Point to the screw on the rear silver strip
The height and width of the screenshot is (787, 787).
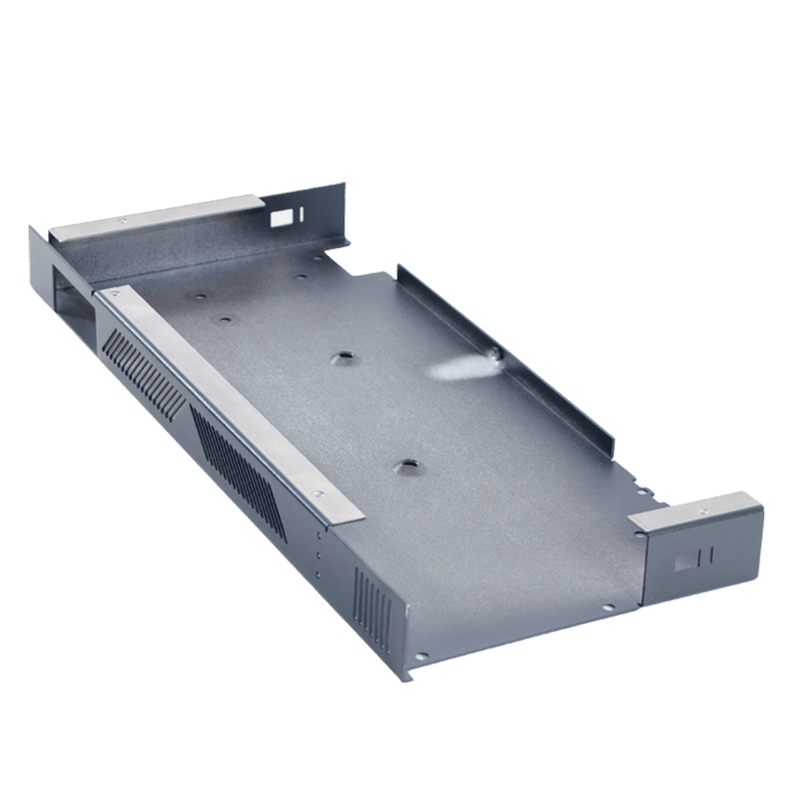[122, 220]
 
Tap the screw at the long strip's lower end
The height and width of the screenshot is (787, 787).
[317, 495]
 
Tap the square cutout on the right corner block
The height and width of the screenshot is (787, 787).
[681, 565]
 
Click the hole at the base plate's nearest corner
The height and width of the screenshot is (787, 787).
[421, 655]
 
